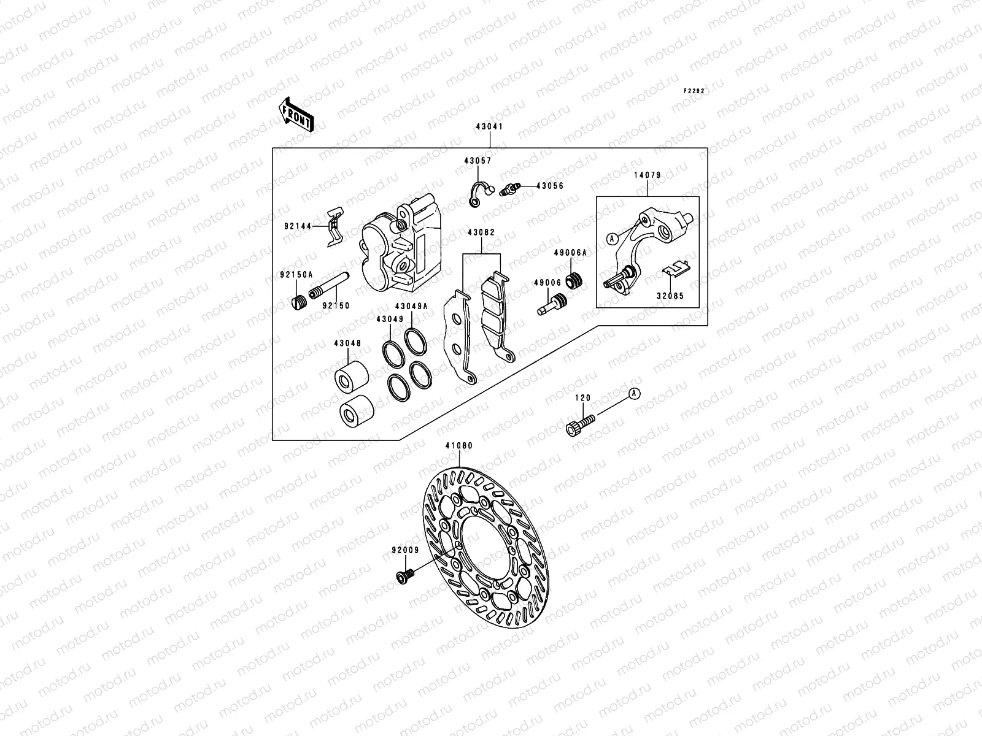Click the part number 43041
[x=489, y=128]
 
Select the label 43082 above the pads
[x=481, y=233]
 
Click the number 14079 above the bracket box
[x=647, y=175]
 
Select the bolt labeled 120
[x=579, y=426]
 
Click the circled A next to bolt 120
[x=635, y=393]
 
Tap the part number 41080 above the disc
[x=459, y=446]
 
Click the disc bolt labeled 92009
[x=404, y=575]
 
